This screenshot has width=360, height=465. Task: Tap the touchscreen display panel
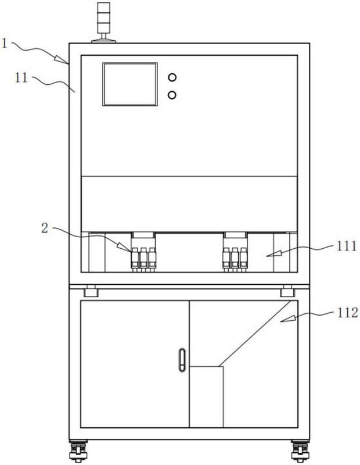click(x=130, y=84)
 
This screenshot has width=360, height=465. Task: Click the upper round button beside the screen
click(x=172, y=77)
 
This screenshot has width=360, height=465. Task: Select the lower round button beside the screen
click(x=172, y=94)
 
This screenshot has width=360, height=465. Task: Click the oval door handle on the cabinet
click(x=182, y=360)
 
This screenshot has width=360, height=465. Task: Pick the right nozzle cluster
click(x=235, y=256)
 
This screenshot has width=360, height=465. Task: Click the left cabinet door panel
click(x=134, y=363)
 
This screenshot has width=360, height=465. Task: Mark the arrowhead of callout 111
click(x=268, y=254)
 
